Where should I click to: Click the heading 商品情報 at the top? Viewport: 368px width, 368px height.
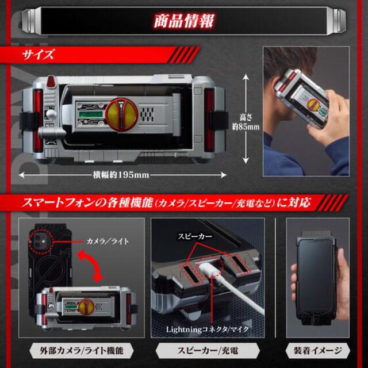coord(183,22)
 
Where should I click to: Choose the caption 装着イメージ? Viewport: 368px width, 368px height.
coord(319,351)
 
